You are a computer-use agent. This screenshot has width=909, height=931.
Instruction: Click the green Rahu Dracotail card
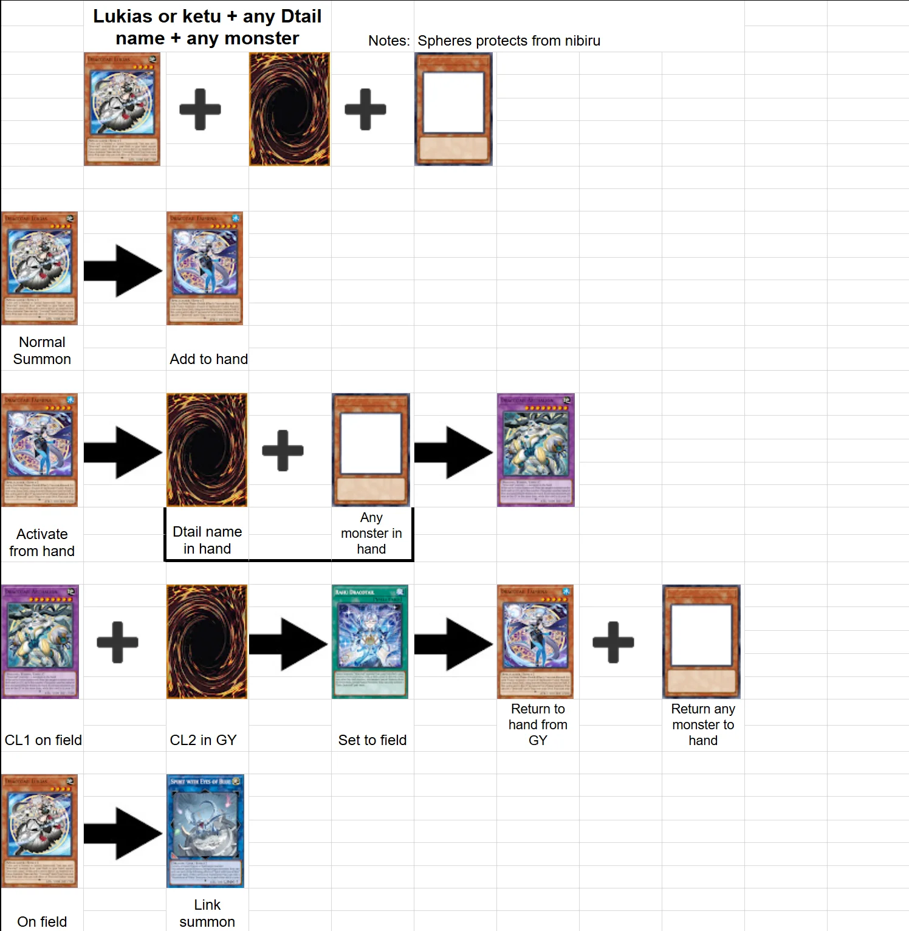[370, 641]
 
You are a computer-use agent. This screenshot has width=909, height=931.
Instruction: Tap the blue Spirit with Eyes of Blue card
[205, 831]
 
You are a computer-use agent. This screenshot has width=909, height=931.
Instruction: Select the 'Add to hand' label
[208, 359]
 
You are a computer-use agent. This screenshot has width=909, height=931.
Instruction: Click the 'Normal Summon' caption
[42, 351]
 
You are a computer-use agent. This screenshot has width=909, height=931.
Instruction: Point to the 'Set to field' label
[372, 740]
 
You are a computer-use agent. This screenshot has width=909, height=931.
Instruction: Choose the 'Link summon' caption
[207, 913]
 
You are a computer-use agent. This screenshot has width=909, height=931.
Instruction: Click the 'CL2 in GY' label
[203, 740]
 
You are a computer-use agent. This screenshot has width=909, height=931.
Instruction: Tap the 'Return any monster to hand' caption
[703, 724]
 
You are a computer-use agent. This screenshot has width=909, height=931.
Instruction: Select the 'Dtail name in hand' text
[207, 540]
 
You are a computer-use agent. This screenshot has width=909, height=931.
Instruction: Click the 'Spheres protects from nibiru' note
[509, 41]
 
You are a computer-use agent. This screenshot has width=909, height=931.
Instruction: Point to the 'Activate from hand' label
[42, 543]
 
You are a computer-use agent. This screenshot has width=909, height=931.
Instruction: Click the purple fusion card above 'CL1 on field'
[40, 641]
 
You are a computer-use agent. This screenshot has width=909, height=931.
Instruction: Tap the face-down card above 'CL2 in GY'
[207, 641]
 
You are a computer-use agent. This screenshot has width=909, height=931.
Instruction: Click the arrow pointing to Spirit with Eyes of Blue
[123, 834]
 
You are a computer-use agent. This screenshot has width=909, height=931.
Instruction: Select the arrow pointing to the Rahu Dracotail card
[288, 644]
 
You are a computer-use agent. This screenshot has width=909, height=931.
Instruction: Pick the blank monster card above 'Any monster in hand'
[371, 450]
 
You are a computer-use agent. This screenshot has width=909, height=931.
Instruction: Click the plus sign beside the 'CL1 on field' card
[117, 642]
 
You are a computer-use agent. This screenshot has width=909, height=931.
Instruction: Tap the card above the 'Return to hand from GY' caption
[535, 641]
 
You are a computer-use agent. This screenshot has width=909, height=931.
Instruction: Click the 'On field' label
[42, 922]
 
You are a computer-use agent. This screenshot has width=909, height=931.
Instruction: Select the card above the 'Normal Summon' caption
[39, 268]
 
